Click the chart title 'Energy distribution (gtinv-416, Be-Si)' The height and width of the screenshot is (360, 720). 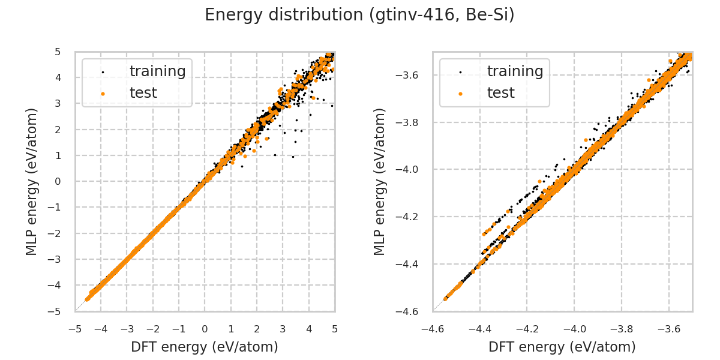click(359, 15)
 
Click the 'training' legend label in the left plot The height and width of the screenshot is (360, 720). click(157, 71)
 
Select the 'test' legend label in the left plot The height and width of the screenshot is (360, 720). click(143, 93)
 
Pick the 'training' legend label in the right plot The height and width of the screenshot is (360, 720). click(515, 71)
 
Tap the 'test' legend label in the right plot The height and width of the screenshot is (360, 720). click(501, 93)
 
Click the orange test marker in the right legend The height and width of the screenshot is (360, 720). click(460, 94)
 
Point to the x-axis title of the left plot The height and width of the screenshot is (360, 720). click(205, 347)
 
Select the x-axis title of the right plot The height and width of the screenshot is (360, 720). click(562, 347)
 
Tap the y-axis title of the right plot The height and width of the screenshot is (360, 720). click(380, 181)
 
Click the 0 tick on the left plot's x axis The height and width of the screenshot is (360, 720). click(205, 329)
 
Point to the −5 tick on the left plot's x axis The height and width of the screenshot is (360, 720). click(75, 329)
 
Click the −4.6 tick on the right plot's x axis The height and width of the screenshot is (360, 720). click(433, 329)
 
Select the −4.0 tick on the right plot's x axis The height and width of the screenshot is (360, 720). click(574, 329)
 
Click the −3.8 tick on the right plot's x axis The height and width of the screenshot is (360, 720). click(622, 329)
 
